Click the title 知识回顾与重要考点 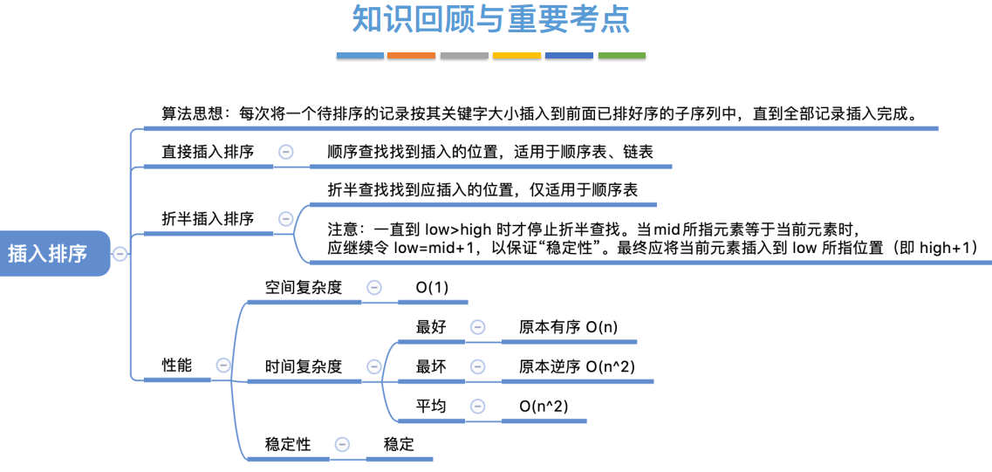point(490,19)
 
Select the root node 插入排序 point(48,254)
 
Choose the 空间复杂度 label point(303,288)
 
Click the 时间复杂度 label point(303,367)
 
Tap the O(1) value point(432,288)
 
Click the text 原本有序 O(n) point(568,327)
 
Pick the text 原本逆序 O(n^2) point(577,367)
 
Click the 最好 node point(431,327)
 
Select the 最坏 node point(431,367)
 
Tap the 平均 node point(431,407)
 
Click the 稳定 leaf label point(399,445)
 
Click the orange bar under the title point(411,56)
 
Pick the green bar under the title point(622,56)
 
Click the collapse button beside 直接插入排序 point(285,152)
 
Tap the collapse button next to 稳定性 point(342,445)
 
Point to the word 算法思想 point(192,114)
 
